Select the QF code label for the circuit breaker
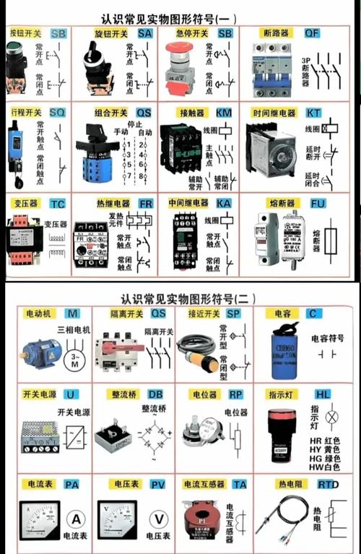coord(312,33)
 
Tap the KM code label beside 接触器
coord(225,113)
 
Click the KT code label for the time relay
coord(313,113)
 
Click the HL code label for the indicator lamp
coord(323,394)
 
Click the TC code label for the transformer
coord(58,204)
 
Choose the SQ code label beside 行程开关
coord(57,113)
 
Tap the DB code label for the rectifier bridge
coord(155,394)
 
